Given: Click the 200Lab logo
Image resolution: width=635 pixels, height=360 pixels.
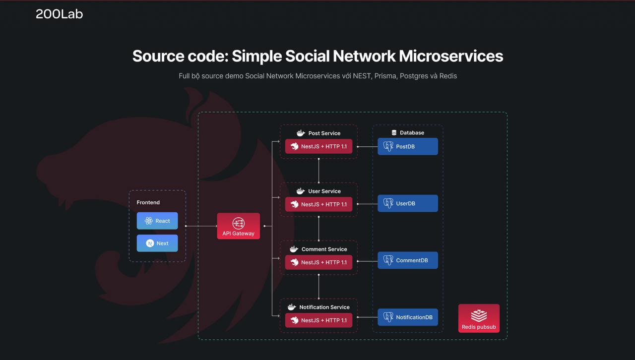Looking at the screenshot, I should (59, 14).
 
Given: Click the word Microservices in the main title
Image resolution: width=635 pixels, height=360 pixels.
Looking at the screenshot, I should (451, 56).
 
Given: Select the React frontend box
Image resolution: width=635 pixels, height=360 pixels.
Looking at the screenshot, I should (157, 221).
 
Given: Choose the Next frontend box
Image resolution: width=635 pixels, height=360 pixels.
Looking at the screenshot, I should (157, 243).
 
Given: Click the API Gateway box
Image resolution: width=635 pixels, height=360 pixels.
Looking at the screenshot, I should (238, 226).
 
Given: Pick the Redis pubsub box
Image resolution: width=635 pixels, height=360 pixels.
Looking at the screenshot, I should (479, 318).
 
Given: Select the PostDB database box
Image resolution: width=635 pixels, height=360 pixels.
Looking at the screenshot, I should (407, 146).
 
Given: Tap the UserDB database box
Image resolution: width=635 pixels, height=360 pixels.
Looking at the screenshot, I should (407, 203).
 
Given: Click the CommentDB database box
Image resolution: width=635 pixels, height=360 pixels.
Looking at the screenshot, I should (407, 260).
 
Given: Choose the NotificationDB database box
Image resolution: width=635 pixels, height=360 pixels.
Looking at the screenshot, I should (407, 317).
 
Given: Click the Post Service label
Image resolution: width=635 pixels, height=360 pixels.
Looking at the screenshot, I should (324, 133).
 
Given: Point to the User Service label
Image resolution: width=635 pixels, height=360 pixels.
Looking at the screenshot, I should (324, 191).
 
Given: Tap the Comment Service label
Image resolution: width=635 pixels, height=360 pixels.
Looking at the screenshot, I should (324, 249).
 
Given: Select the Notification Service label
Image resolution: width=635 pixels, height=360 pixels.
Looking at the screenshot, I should (324, 307).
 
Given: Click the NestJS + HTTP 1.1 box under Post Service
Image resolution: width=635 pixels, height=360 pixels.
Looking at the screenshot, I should (318, 147).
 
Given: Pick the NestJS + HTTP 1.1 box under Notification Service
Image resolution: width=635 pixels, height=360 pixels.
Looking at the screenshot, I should (318, 320).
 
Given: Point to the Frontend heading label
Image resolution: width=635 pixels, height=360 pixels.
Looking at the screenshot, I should (148, 202).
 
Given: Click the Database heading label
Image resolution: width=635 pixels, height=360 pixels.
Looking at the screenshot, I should (411, 133).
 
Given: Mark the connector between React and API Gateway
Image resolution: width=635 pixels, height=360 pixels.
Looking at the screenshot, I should (201, 226).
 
